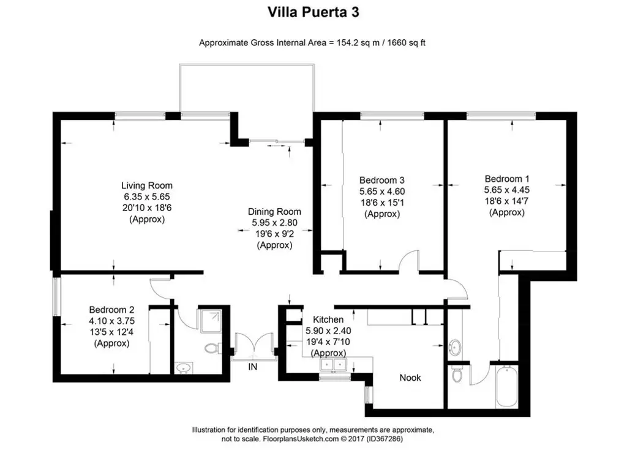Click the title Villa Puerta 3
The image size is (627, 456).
pyautogui.click(x=313, y=12)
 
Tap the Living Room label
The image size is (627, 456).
pyautogui.click(x=147, y=185)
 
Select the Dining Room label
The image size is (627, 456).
pyautogui.click(x=274, y=212)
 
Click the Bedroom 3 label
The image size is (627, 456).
pyautogui.click(x=382, y=180)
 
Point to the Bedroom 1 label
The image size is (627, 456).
pyautogui.click(x=506, y=179)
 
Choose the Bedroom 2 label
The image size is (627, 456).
pyautogui.click(x=111, y=310)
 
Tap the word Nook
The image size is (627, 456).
pyautogui.click(x=410, y=378)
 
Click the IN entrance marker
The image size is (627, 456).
pyautogui.click(x=253, y=367)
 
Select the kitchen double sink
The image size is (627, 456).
pyautogui.click(x=333, y=365)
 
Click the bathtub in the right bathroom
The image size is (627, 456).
pyautogui.click(x=506, y=386)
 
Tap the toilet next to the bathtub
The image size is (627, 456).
pyautogui.click(x=457, y=374)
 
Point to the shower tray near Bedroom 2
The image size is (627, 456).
pyautogui.click(x=209, y=320)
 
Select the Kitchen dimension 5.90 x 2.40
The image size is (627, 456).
pyautogui.click(x=328, y=331)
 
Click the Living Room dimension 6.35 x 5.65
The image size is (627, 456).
pyautogui.click(x=147, y=196)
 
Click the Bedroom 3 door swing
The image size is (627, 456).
pyautogui.click(x=409, y=261)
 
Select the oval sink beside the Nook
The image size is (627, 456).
pyautogui.click(x=455, y=347)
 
